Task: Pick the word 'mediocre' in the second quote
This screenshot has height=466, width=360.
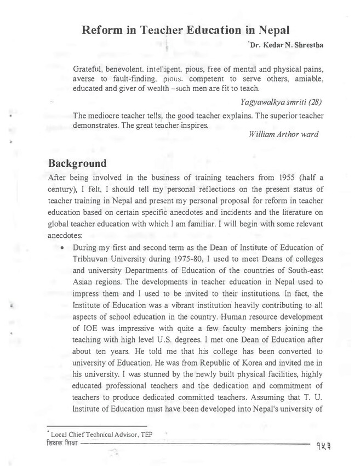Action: coord(110,115)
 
